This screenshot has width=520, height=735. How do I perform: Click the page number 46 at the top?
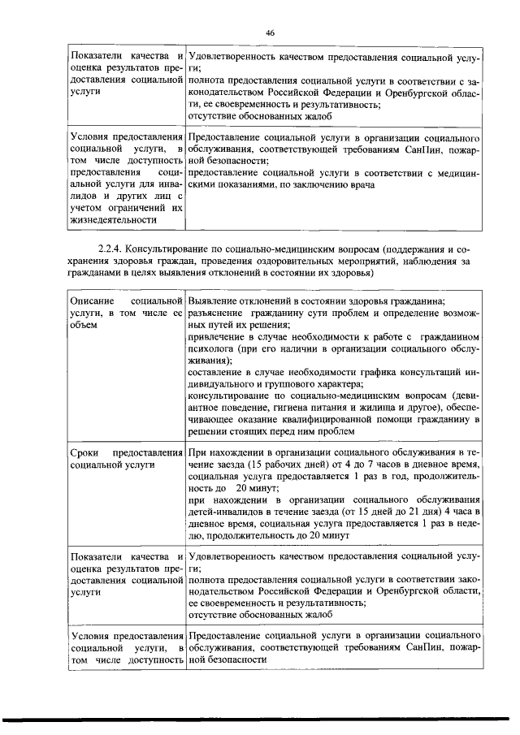click(x=271, y=32)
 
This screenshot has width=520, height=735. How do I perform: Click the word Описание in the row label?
click(x=93, y=300)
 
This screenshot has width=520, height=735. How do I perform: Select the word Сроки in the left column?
click(x=85, y=452)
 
